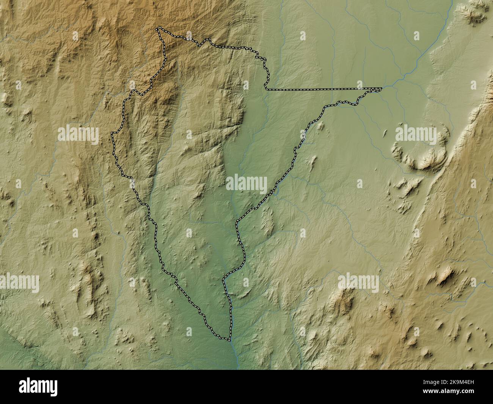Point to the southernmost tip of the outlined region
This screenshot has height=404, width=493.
(229, 340)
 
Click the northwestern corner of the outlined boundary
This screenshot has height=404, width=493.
(159, 29)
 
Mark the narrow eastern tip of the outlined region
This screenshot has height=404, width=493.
(380, 89)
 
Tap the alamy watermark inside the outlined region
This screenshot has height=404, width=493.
(246, 183)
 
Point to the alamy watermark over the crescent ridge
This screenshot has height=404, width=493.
(416, 134)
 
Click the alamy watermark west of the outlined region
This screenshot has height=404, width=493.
(79, 134)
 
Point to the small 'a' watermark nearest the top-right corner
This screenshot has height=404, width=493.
(416, 36)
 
